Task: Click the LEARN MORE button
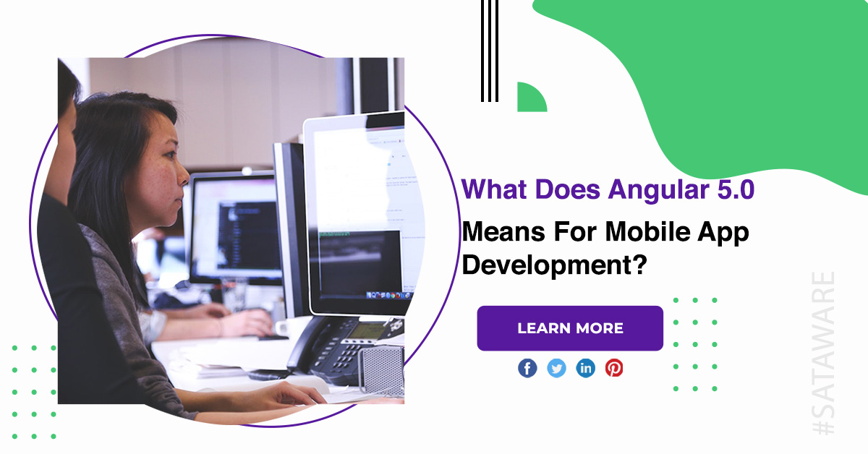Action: (570, 328)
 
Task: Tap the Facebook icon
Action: (527, 368)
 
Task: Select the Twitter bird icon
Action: (556, 368)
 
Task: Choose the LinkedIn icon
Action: (585, 368)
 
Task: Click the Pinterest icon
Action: (614, 368)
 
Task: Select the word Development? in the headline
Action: (555, 266)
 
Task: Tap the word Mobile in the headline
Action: (647, 231)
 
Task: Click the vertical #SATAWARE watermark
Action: (823, 353)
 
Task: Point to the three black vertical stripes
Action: (490, 51)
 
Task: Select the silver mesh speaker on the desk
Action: (381, 370)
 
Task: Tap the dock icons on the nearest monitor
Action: (388, 296)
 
